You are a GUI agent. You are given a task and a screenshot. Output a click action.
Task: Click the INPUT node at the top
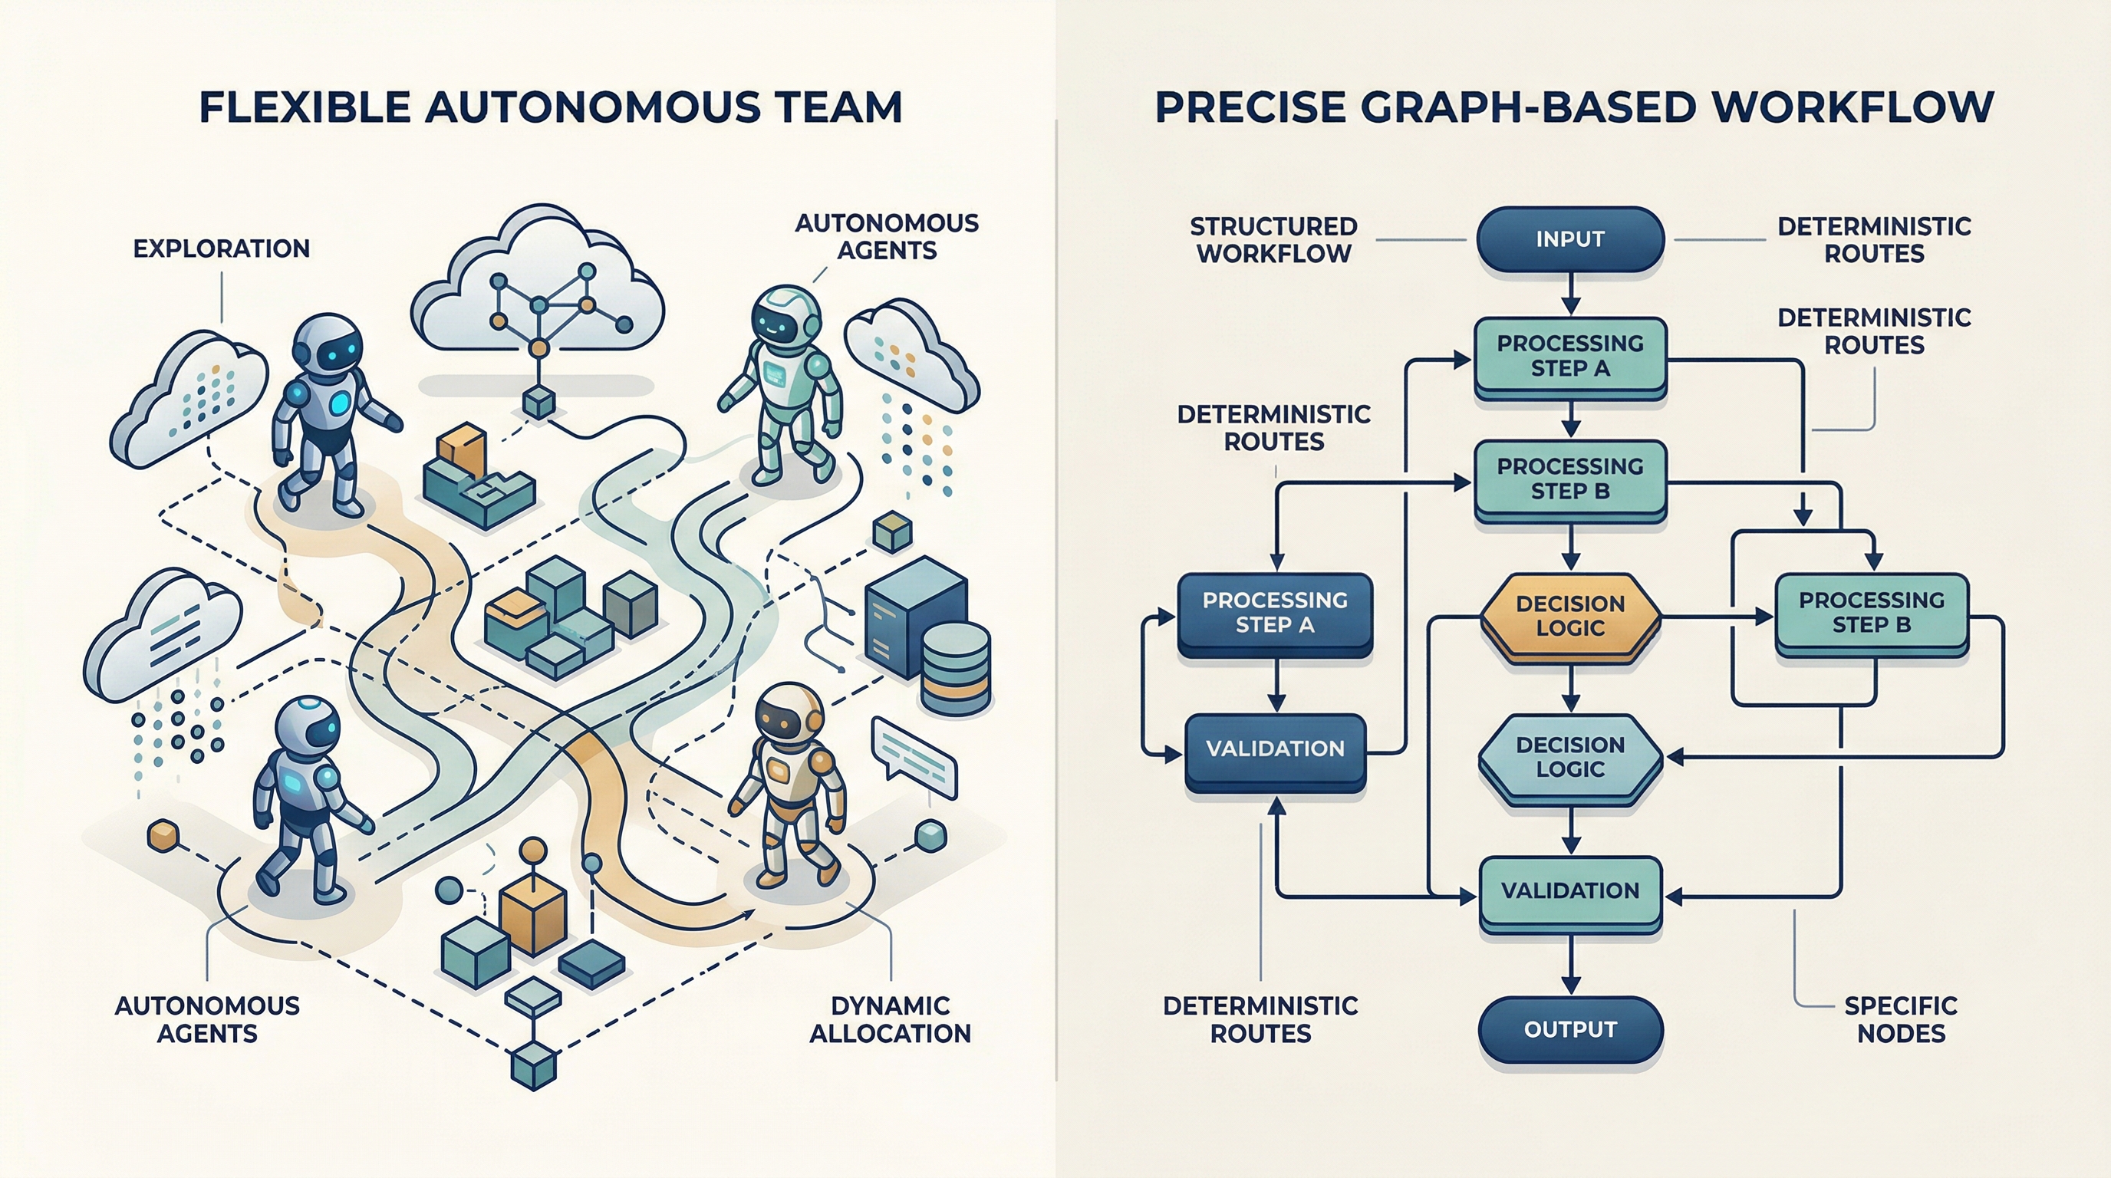1569,239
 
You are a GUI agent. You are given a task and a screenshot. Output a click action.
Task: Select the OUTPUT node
1569,1029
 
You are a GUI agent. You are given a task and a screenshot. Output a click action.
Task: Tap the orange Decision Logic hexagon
1569,616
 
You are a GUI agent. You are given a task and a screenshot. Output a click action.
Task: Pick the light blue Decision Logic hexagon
1569,757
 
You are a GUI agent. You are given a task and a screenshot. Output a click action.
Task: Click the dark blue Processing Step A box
1274,613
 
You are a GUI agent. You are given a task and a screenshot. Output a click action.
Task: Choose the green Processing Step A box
1569,357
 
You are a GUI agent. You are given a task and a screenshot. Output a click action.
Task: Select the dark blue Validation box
1274,749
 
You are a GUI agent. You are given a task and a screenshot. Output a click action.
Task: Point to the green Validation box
1569,891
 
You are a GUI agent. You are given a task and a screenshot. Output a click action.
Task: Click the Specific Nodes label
1900,1019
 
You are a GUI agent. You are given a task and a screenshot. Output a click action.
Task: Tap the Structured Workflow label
1273,240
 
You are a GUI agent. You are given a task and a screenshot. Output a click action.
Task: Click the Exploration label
221,249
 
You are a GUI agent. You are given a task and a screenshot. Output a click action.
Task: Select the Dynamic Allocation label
890,1019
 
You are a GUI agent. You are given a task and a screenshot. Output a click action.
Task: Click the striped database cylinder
955,668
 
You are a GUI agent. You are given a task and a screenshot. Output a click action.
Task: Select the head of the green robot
784,315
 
